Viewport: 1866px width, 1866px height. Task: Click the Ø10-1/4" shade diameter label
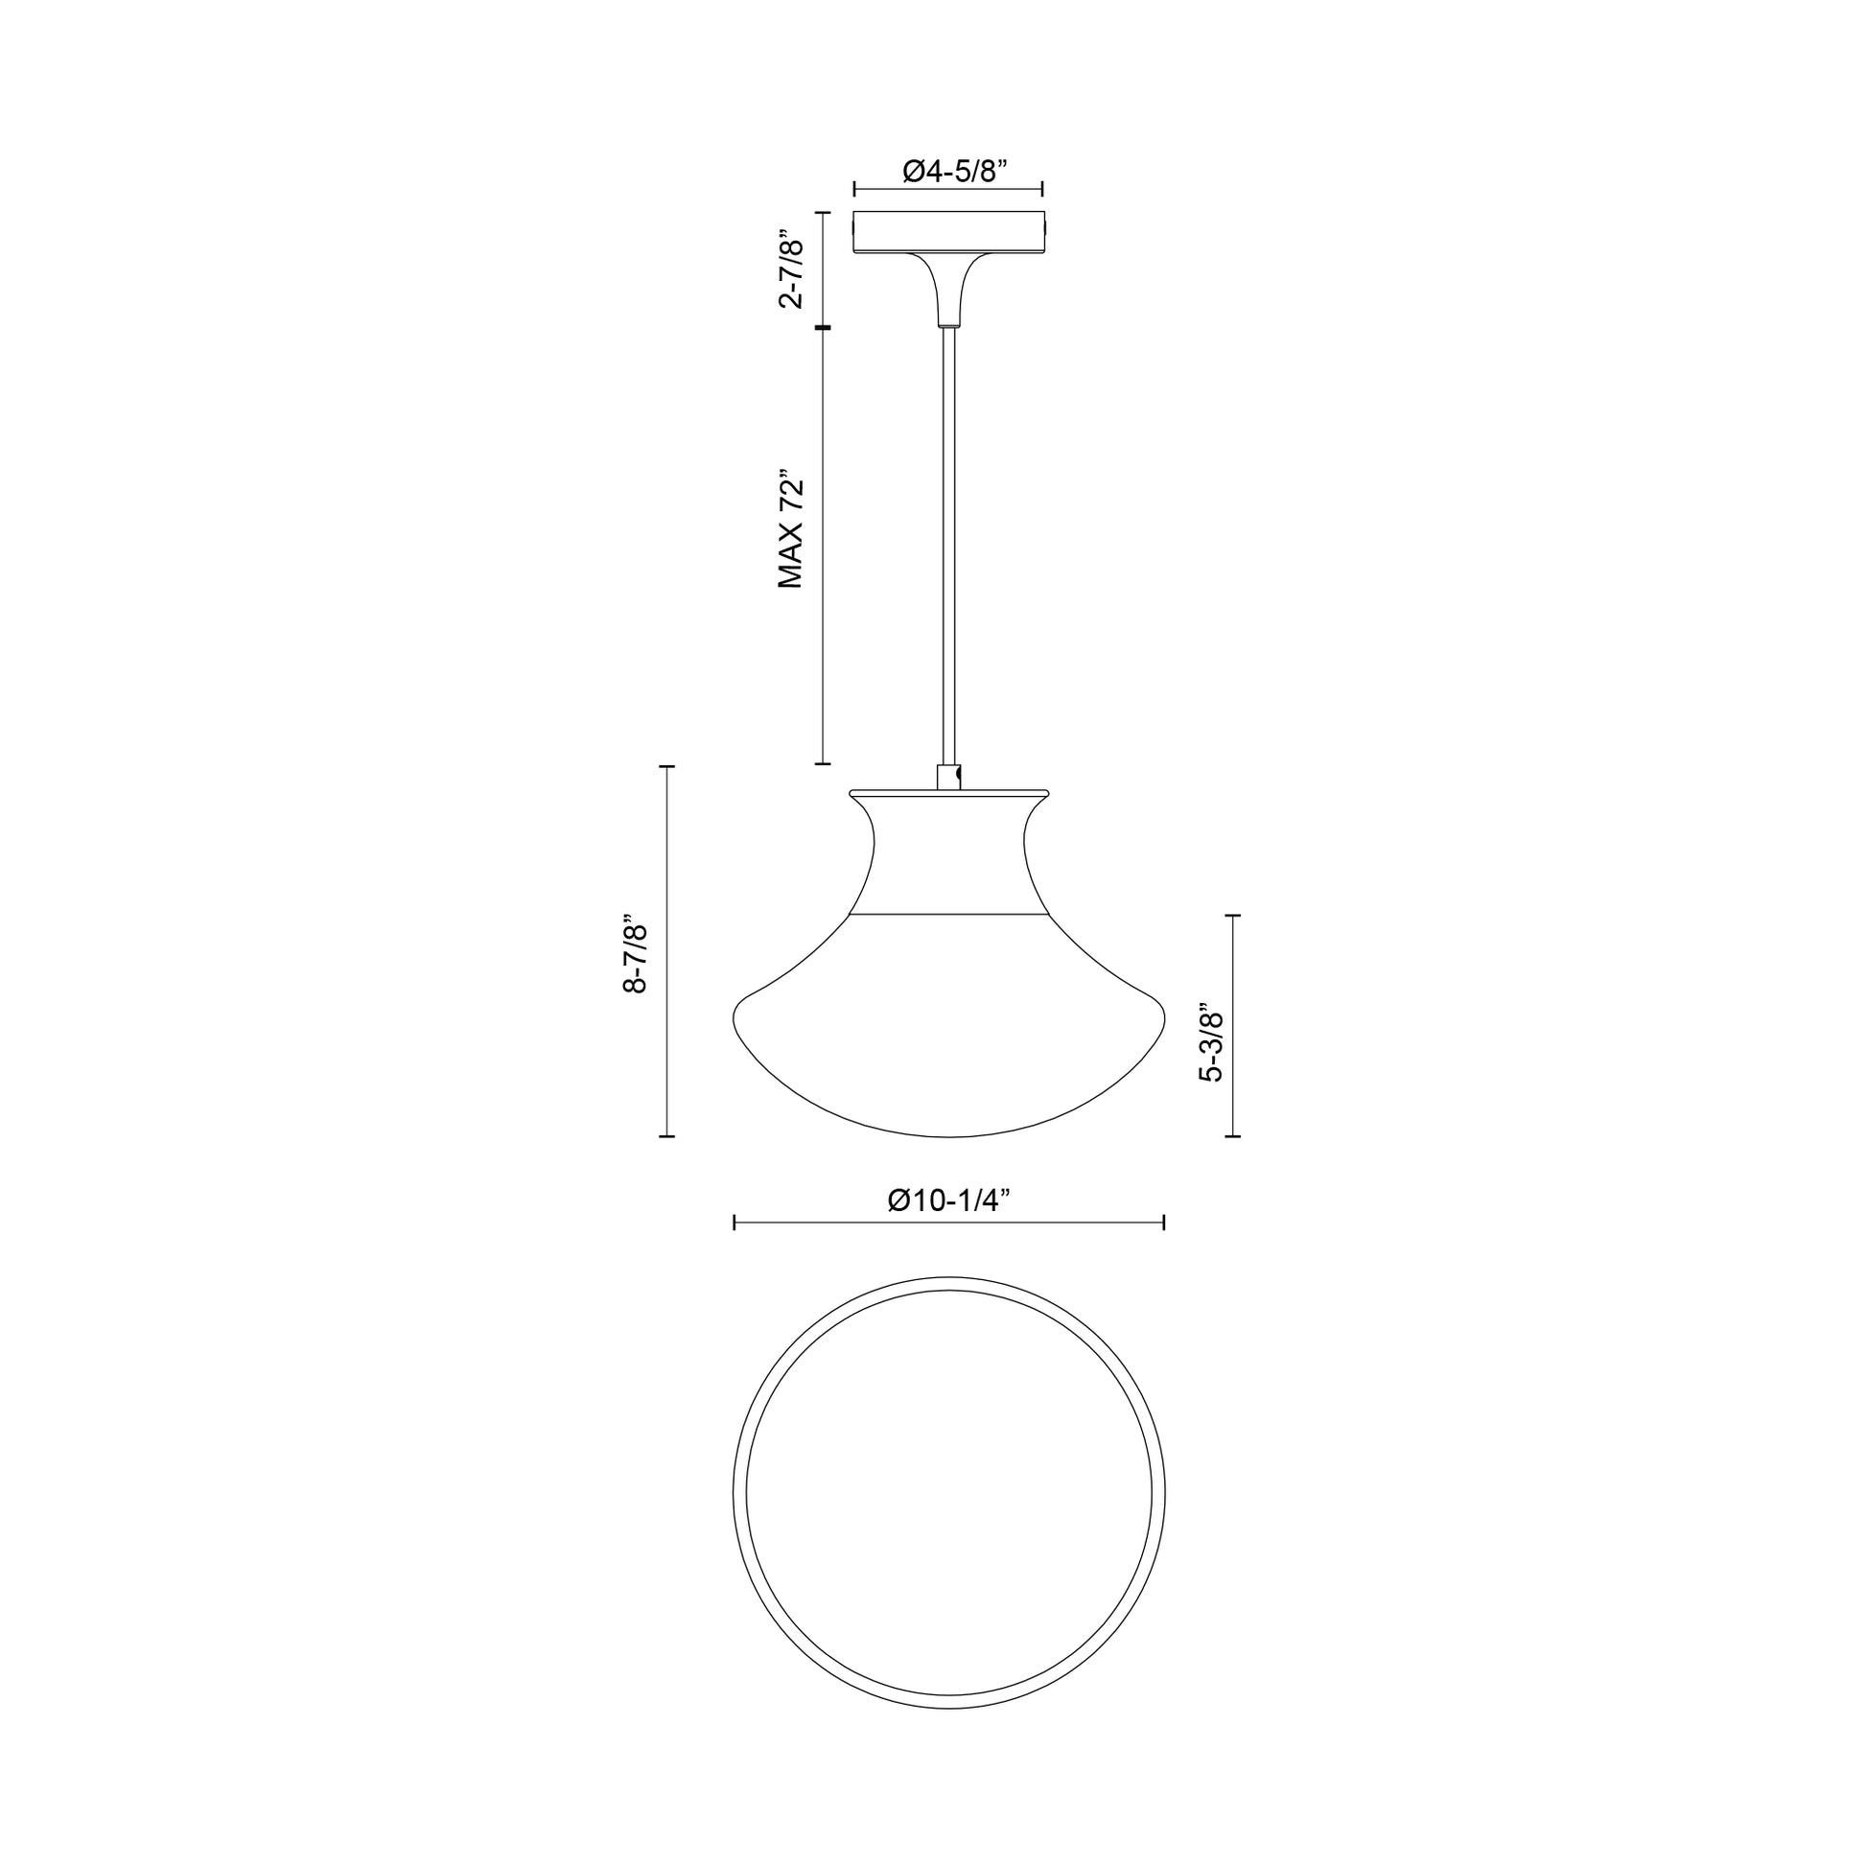click(948, 1200)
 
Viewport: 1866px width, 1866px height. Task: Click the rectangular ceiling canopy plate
click(948, 233)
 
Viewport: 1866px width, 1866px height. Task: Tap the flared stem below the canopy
click(948, 290)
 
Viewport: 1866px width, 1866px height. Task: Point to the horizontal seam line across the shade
click(948, 913)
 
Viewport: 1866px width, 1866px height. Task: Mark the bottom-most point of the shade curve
click(948, 1136)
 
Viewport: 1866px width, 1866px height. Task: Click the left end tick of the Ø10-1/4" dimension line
click(735, 1224)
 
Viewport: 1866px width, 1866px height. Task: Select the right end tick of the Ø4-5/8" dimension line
click(1042, 189)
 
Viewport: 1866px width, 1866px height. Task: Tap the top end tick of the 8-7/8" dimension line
click(666, 766)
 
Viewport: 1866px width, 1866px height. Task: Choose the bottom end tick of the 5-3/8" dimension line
click(1232, 1136)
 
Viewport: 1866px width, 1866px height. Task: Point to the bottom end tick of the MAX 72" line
click(823, 763)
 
